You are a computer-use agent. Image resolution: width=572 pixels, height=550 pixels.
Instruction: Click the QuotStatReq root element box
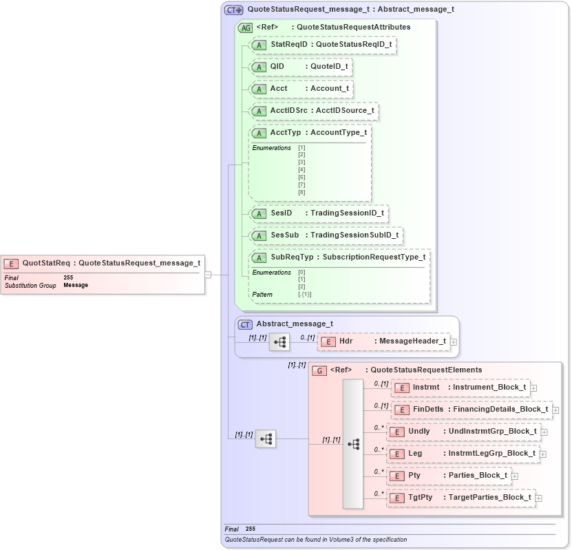(103, 262)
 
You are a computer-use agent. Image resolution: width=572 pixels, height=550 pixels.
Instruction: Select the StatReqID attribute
(324, 45)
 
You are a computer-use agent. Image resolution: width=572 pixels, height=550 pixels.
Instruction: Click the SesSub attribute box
(326, 235)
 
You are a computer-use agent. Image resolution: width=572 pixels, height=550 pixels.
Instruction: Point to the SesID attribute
(319, 213)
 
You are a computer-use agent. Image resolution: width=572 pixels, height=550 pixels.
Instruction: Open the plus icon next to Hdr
(454, 341)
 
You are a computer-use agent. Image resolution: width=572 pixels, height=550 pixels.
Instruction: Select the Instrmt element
(460, 388)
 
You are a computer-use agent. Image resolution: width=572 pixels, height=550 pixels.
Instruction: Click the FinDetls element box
(472, 410)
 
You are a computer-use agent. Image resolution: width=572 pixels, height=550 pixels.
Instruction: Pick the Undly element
(463, 432)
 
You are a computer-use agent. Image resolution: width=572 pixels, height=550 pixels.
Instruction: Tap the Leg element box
(462, 454)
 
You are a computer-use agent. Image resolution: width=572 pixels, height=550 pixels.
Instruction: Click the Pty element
(448, 476)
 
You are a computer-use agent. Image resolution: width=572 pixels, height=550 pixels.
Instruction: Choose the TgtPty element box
(460, 498)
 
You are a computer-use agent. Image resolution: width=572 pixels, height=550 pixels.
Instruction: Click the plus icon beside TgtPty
(539, 498)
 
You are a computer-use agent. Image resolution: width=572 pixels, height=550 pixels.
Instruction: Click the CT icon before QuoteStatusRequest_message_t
(234, 10)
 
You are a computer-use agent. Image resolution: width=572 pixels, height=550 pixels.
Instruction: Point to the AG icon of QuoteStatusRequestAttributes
(245, 28)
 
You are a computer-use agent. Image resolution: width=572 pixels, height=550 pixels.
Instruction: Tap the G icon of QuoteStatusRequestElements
(319, 370)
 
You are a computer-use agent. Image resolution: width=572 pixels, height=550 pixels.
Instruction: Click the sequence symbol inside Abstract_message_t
(279, 341)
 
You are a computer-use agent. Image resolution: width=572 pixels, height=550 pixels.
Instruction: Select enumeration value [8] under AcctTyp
(301, 192)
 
